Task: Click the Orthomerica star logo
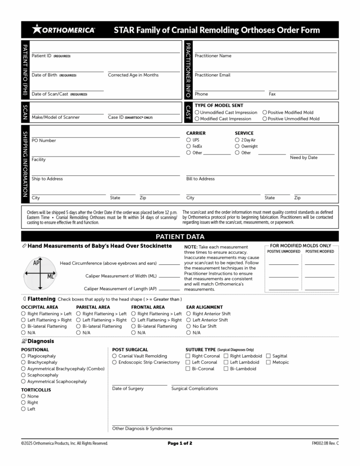click(x=37, y=30)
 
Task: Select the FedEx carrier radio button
click(x=188, y=146)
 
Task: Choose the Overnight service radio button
click(x=237, y=146)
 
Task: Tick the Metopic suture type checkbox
click(x=269, y=362)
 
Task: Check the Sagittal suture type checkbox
click(x=269, y=356)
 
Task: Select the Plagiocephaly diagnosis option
click(x=23, y=356)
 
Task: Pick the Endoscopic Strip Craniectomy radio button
click(x=115, y=362)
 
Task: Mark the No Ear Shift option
click(x=189, y=326)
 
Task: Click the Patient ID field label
click(x=41, y=56)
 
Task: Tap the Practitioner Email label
click(x=212, y=75)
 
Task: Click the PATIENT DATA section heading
click(x=180, y=236)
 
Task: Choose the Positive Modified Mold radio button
click(x=265, y=113)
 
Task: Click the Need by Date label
click(x=304, y=158)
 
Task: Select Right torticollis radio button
click(x=23, y=403)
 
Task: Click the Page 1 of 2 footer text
click(x=180, y=443)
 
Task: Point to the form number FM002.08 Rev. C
click(x=325, y=443)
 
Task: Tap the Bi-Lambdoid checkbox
click(x=226, y=369)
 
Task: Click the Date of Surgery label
click(x=128, y=388)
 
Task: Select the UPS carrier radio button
click(x=188, y=140)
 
